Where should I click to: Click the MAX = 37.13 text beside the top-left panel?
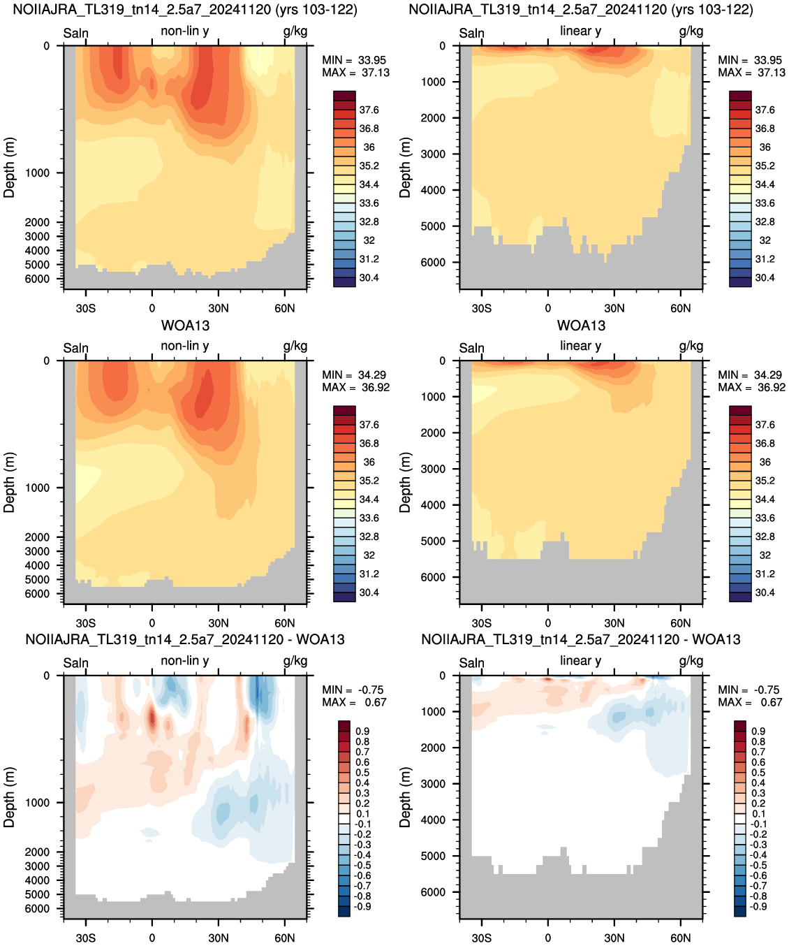pyautogui.click(x=355, y=73)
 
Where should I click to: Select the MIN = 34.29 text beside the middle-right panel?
pyautogui.click(x=751, y=375)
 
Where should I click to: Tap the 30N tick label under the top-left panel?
pyautogui.click(x=219, y=309)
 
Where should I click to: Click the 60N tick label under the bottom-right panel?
pyautogui.click(x=680, y=938)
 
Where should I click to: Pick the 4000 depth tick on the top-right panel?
pyautogui.click(x=433, y=190)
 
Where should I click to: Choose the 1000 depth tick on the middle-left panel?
pyautogui.click(x=37, y=488)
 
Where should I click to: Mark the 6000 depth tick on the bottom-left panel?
pyautogui.click(x=37, y=909)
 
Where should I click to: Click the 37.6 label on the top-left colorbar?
pyautogui.click(x=369, y=110)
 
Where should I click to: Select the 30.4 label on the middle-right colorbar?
pyautogui.click(x=765, y=592)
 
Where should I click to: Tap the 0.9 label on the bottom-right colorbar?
pyautogui.click(x=758, y=732)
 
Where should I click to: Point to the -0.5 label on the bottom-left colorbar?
pyautogui.click(x=362, y=866)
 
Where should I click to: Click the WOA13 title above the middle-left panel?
pyautogui.click(x=185, y=326)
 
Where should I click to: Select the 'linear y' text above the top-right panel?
pyautogui.click(x=581, y=31)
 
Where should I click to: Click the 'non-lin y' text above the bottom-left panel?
pyautogui.click(x=185, y=661)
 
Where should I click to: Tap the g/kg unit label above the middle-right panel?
pyautogui.click(x=691, y=347)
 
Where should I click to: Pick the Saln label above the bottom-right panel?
pyautogui.click(x=471, y=663)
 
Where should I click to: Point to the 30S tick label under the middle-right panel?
pyautogui.click(x=482, y=623)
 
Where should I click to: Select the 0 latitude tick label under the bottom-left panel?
pyautogui.click(x=152, y=938)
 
